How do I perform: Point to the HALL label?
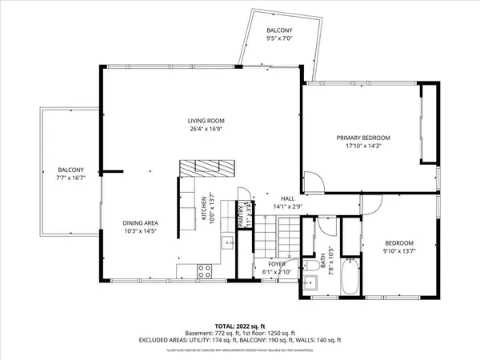point(287,198)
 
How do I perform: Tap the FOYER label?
point(277,264)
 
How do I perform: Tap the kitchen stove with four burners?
point(203,270)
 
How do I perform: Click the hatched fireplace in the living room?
point(207,168)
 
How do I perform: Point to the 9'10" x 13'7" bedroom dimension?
point(399,250)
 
